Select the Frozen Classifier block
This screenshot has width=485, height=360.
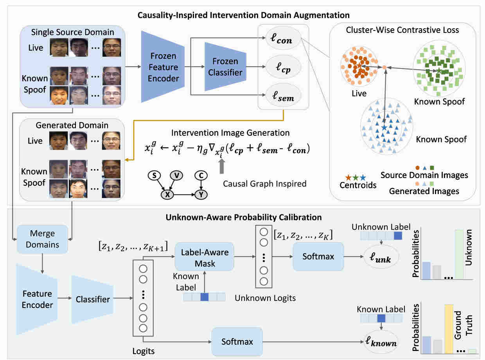225,67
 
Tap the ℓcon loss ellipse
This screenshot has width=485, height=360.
283,39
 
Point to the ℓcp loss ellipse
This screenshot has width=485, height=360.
283,67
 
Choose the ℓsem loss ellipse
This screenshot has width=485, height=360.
283,95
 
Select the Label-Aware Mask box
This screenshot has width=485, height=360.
205,257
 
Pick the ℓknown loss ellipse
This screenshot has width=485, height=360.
381,342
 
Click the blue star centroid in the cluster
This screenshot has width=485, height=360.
384,128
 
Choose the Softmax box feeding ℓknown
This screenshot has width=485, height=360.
237,342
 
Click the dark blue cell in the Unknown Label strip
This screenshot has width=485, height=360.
398,236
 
